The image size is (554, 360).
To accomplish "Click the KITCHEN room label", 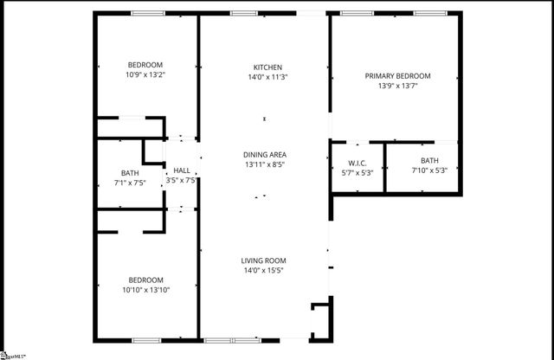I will pyautogui.click(x=267, y=67).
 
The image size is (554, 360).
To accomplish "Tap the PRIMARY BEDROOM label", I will pyautogui.click(x=397, y=76).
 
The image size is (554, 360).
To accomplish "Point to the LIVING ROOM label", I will pyautogui.click(x=263, y=260).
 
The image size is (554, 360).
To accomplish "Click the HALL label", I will pyautogui.click(x=181, y=170).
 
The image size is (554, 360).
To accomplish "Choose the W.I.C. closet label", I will pyautogui.click(x=358, y=162).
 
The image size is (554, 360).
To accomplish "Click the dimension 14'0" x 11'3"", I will pyautogui.click(x=267, y=77).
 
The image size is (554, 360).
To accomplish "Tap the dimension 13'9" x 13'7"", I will pyautogui.click(x=397, y=86).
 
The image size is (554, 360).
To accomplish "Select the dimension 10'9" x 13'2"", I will pyautogui.click(x=145, y=74).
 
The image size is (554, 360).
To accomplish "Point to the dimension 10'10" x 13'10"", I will pyautogui.click(x=145, y=289).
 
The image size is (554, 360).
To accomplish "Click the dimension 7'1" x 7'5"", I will pyautogui.click(x=129, y=183).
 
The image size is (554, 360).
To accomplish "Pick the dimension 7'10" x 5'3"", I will pyautogui.click(x=429, y=170).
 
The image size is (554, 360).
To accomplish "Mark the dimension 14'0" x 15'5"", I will pyautogui.click(x=263, y=270).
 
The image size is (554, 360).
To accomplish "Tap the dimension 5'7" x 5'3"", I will pyautogui.click(x=358, y=171).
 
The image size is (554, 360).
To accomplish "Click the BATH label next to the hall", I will pyautogui.click(x=129, y=173).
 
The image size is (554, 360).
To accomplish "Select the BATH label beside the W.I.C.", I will pyautogui.click(x=429, y=161).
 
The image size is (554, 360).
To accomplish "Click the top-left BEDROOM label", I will pyautogui.click(x=145, y=65).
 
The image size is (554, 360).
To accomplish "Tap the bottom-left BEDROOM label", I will pyautogui.click(x=145, y=280).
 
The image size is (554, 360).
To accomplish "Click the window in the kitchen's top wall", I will pyautogui.click(x=243, y=13).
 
